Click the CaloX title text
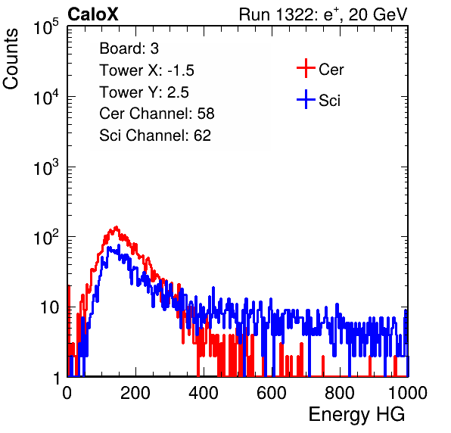93,14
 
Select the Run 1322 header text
323,15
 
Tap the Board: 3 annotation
129,48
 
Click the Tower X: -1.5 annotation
147,70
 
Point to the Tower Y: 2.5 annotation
144,92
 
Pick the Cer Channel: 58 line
157,114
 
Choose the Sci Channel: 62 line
155,136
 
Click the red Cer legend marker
306,68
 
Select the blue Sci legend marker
306,99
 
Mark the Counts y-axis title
11,59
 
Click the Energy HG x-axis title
356,415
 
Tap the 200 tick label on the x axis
135,393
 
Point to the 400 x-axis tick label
204,393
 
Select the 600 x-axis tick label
272,393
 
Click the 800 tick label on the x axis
340,393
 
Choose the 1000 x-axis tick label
408,393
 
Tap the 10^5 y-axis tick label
46,27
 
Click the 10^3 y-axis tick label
46,167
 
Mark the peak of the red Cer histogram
116,227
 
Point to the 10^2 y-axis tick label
46,237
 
